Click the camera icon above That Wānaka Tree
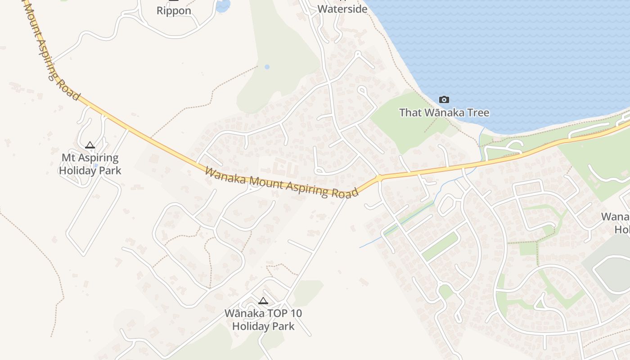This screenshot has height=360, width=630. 444,99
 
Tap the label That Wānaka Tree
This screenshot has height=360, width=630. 444,112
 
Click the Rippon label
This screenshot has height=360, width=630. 174,11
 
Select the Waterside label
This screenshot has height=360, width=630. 342,9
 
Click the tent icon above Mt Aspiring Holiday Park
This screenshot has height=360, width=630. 90,145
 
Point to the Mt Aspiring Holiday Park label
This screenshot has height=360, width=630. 90,164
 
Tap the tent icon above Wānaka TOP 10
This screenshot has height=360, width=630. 263,301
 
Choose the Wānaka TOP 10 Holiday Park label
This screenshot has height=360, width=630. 263,319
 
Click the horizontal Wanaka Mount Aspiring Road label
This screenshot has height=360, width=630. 281,182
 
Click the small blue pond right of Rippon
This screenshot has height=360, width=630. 223,5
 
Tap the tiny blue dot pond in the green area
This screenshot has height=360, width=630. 267,67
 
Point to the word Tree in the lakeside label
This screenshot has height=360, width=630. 478,112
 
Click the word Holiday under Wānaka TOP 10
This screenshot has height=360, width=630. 252,326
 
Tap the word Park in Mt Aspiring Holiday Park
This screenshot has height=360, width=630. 111,171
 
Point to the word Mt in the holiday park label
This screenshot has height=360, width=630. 69,158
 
